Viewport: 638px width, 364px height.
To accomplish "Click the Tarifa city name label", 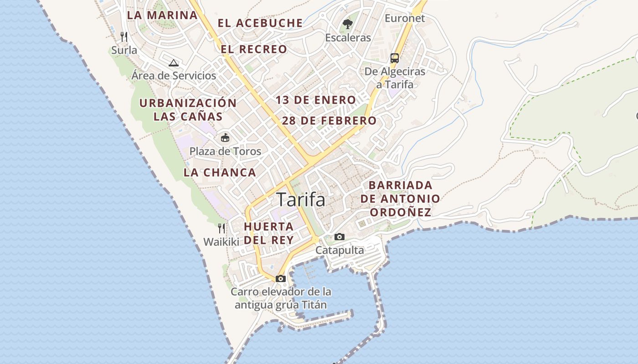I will pos(301,200).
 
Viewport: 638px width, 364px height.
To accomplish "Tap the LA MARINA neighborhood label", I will pos(162,15).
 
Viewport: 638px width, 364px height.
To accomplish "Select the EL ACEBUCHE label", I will pos(260,23).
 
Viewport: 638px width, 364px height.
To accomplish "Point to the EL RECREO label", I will pos(254,49).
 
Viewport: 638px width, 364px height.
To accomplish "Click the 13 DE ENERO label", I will pos(316,100).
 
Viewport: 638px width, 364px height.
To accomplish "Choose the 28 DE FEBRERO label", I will pos(329,121).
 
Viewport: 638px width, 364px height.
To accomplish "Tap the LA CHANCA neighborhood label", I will pos(220,172).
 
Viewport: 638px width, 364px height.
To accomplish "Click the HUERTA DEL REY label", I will pos(268,233).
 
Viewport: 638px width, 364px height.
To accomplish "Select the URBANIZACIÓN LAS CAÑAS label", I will pos(188,109).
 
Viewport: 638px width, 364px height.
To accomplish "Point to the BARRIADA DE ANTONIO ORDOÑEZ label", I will pos(400,199).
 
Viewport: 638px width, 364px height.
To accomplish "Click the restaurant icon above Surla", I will pos(124,36).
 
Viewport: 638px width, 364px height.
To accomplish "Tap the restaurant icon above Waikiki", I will pos(221,228).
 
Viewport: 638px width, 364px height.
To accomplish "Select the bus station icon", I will pos(395,58).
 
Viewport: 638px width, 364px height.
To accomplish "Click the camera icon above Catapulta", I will pos(340,237).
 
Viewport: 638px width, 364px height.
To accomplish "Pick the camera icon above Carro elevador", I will pos(281,278).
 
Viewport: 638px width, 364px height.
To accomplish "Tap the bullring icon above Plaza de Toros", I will pos(225,137).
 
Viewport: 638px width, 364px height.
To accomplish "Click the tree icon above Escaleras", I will pos(348,24).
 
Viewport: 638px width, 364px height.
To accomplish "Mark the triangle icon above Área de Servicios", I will pos(173,63).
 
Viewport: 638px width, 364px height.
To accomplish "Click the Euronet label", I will pos(405,18).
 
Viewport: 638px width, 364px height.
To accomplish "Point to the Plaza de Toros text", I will pos(225,152).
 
